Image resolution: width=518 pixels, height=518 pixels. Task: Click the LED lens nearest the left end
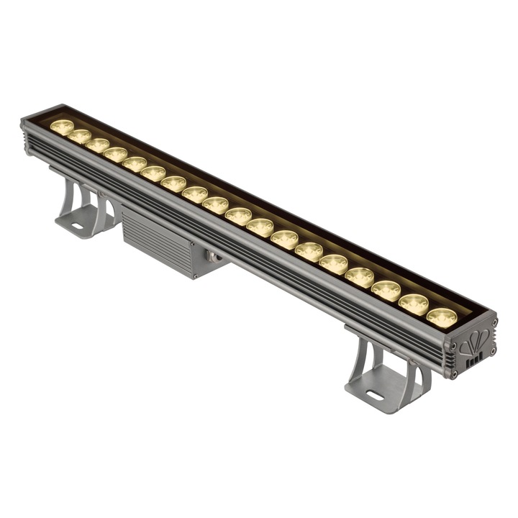[x=62, y=127]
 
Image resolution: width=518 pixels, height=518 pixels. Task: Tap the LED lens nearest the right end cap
[x=442, y=317]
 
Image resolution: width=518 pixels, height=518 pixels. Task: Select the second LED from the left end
[x=79, y=136]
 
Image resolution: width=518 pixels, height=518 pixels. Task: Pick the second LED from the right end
[x=414, y=303]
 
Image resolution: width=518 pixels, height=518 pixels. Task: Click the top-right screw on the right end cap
[x=494, y=322]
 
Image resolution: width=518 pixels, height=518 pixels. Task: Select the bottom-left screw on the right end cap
[x=453, y=374]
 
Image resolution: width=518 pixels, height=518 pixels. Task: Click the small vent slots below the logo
[x=473, y=364]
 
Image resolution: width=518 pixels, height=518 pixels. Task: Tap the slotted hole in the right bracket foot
[x=374, y=394]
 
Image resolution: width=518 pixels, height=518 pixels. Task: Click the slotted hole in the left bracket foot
[x=75, y=229]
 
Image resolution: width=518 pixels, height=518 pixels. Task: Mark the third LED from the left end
[x=97, y=145]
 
